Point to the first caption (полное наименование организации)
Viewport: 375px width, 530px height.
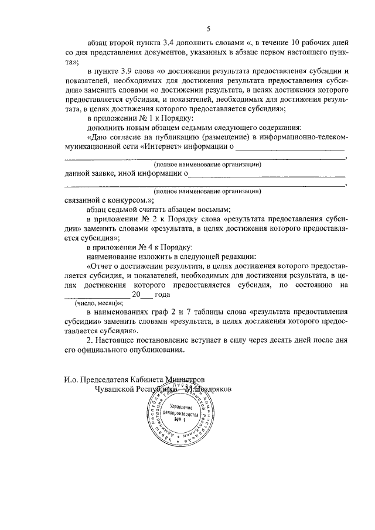(207, 165)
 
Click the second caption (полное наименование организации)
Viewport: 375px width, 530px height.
(207, 192)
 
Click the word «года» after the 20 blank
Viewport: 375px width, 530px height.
(162, 295)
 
